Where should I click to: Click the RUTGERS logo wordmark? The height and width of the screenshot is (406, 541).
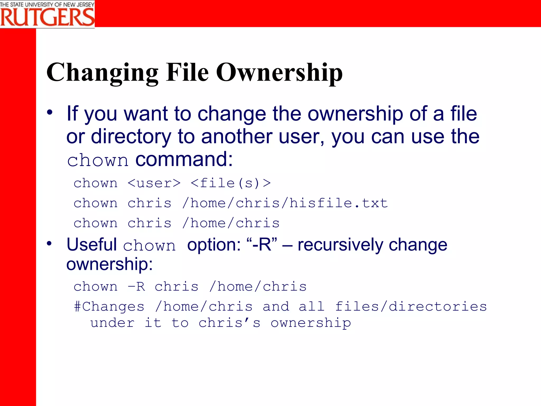pyautogui.click(x=47, y=17)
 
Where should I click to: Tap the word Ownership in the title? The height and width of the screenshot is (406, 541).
pyautogui.click(x=279, y=73)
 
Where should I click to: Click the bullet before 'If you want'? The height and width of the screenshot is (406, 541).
pyautogui.click(x=50, y=113)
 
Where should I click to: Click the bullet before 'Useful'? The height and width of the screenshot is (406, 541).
pyautogui.click(x=49, y=243)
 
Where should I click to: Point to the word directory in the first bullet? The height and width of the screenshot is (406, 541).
pyautogui.click(x=131, y=137)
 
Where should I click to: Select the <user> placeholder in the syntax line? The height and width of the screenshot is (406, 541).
pyautogui.click(x=154, y=183)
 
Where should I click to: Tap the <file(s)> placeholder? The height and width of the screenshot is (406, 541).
pyautogui.click(x=231, y=183)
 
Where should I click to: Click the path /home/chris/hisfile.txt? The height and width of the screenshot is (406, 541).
pyautogui.click(x=285, y=203)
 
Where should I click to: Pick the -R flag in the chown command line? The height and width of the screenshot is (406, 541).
pyautogui.click(x=136, y=287)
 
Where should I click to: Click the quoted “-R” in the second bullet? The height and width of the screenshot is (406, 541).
pyautogui.click(x=262, y=244)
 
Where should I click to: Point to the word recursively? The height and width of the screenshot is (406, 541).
pyautogui.click(x=340, y=245)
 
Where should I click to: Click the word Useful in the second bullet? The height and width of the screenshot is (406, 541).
pyautogui.click(x=92, y=244)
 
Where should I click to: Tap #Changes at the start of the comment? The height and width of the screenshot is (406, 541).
pyautogui.click(x=109, y=307)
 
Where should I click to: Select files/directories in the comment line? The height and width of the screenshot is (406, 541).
pyautogui.click(x=411, y=307)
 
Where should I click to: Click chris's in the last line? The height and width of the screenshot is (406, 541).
pyautogui.click(x=229, y=323)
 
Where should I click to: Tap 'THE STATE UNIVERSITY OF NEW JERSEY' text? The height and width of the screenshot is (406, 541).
pyautogui.click(x=47, y=4)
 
